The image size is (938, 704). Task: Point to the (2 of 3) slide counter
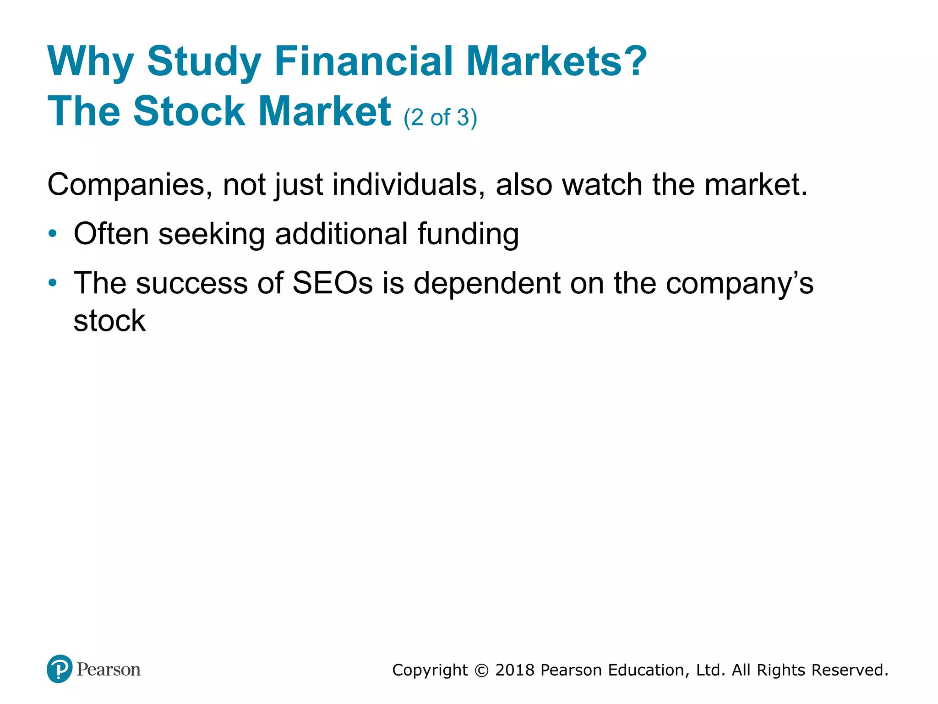(x=440, y=117)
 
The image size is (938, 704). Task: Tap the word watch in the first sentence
(x=602, y=184)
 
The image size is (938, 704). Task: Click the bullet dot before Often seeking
(x=53, y=233)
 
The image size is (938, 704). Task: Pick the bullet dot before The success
(x=53, y=282)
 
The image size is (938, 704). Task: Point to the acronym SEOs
(x=333, y=283)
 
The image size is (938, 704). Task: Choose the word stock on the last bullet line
(x=109, y=320)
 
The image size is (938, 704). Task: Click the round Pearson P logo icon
(x=60, y=669)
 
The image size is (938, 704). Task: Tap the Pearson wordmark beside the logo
(x=109, y=670)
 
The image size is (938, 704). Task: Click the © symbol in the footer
(x=481, y=671)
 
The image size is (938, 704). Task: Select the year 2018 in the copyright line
(x=515, y=670)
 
